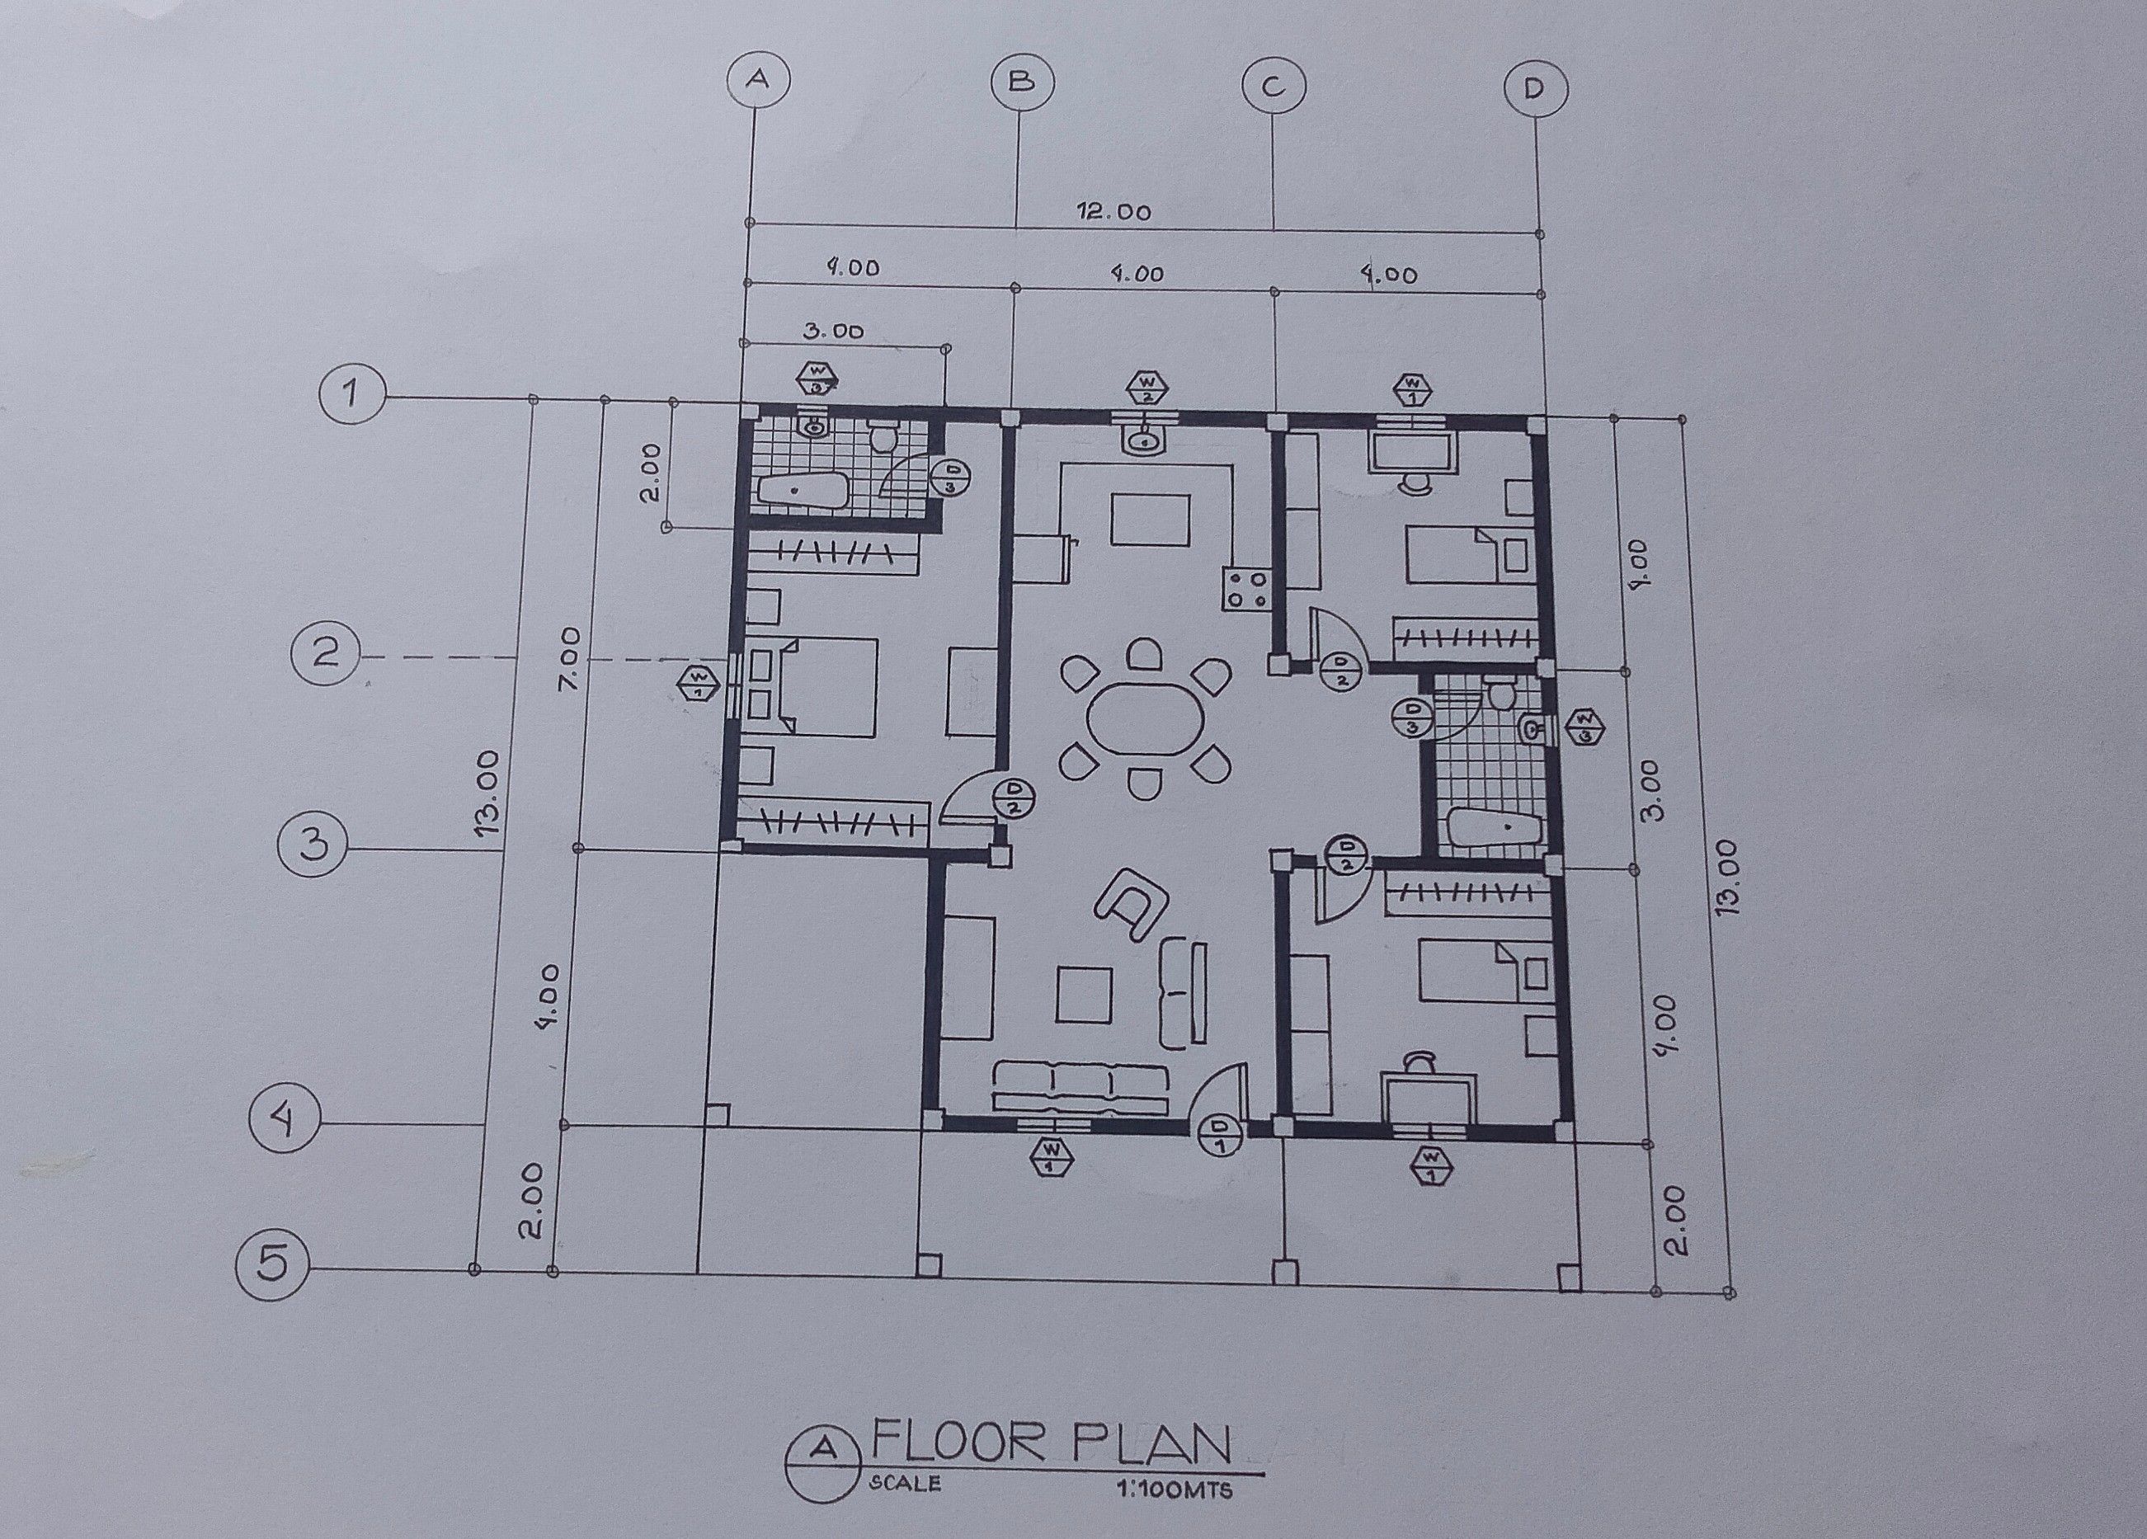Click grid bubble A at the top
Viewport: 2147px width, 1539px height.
(x=756, y=79)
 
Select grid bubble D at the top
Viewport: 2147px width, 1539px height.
(x=1534, y=90)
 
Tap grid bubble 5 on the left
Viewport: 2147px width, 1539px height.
(x=273, y=1264)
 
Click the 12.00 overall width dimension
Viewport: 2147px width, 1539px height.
(x=1114, y=212)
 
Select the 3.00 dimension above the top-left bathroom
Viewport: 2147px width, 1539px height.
(x=833, y=332)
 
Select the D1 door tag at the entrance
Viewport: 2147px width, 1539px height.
(x=1220, y=1136)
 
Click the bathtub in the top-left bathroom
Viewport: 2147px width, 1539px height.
(x=802, y=492)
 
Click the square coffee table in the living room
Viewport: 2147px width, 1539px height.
(x=1084, y=994)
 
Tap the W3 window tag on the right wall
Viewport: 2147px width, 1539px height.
(x=1585, y=727)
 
